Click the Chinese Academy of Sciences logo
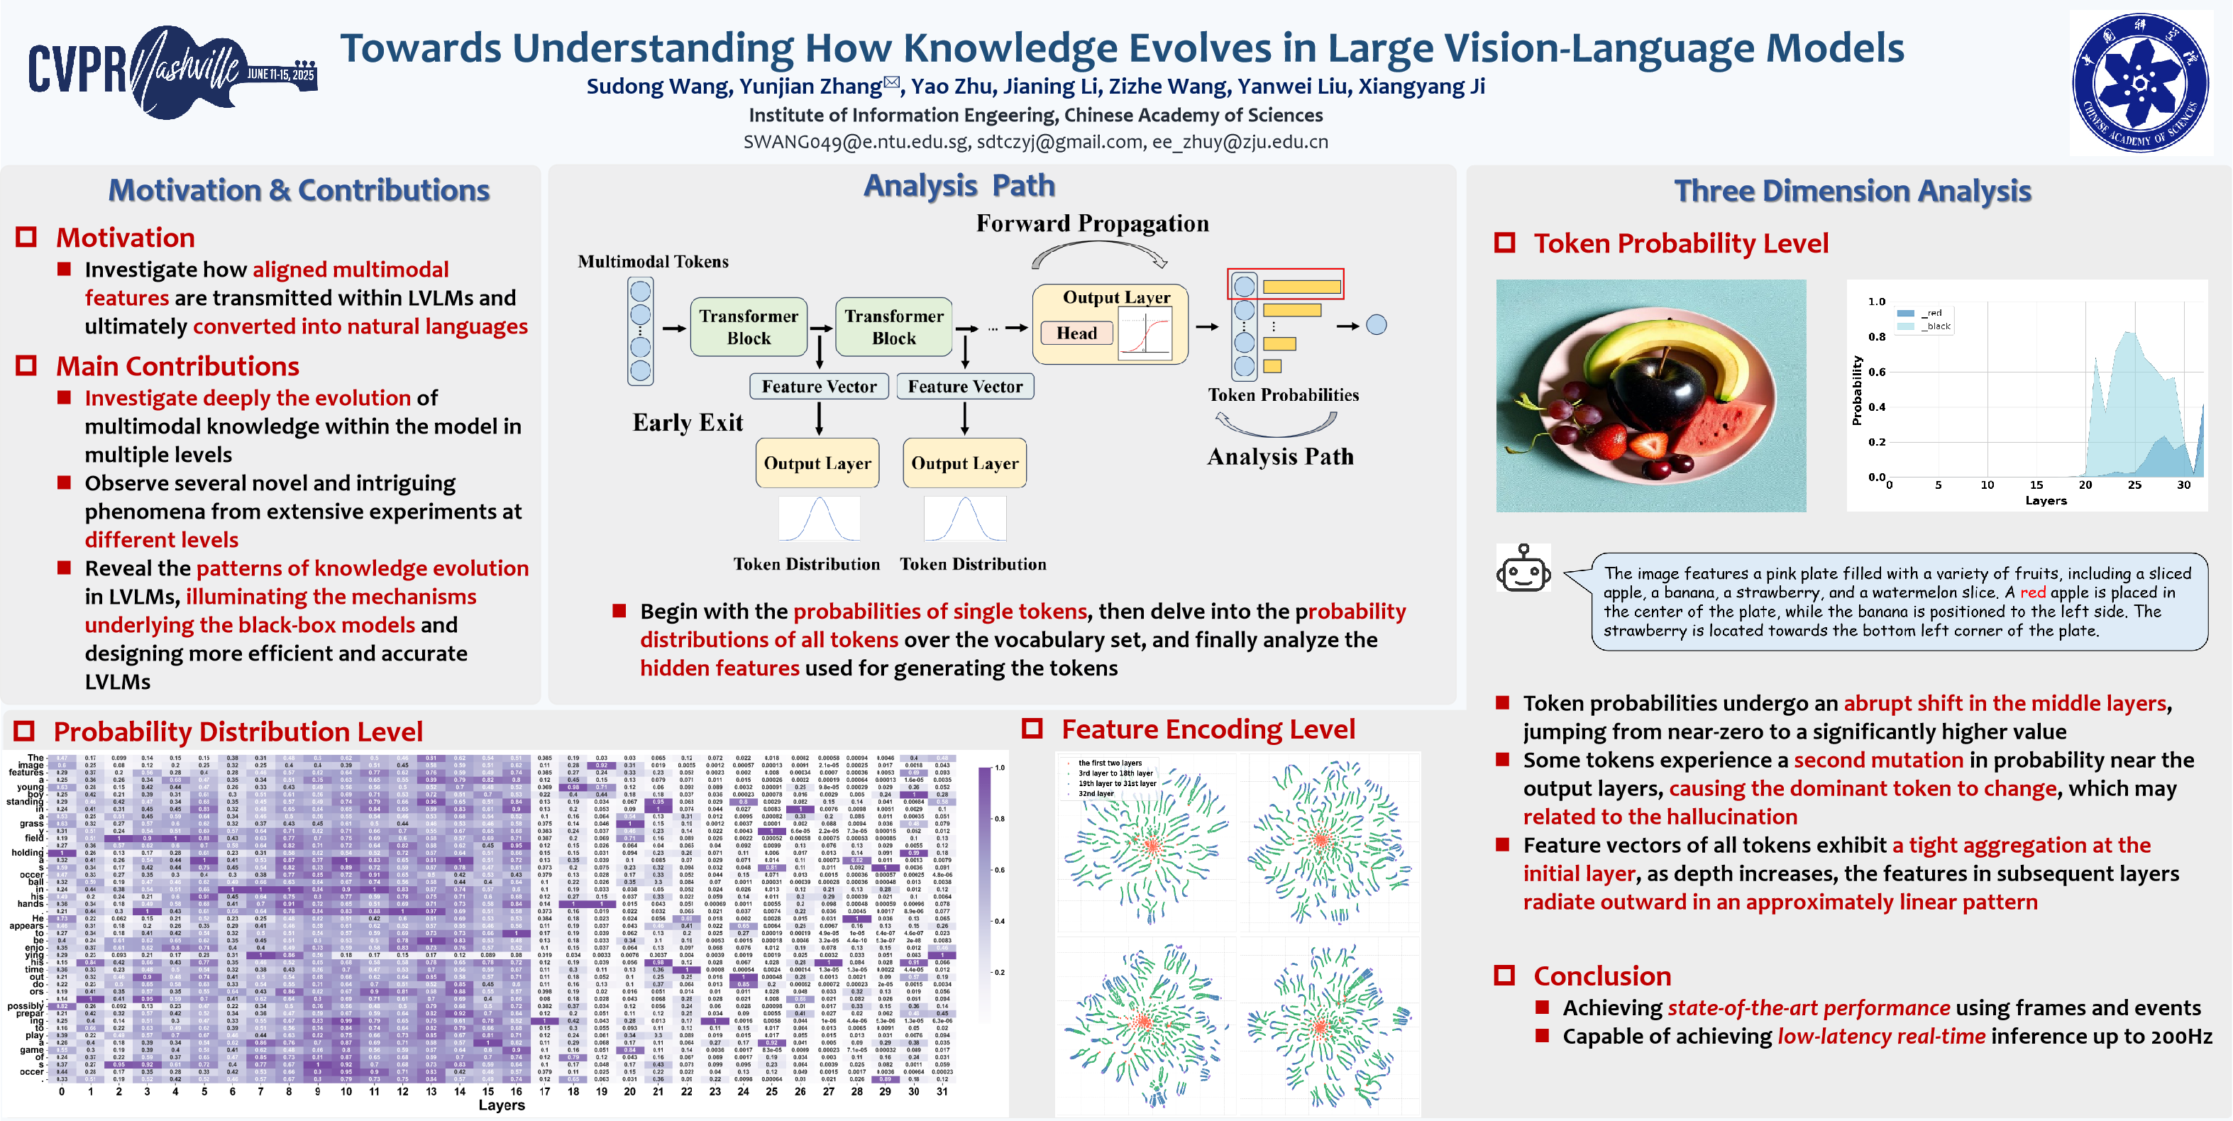click(2140, 83)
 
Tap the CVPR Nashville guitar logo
click(173, 71)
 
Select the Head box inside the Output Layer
click(1076, 333)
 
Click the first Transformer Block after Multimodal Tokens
click(748, 327)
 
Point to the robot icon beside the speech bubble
click(1522, 569)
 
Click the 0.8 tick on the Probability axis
click(1876, 336)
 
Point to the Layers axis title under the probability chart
click(2046, 500)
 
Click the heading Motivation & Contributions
click(299, 190)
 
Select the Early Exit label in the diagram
click(688, 422)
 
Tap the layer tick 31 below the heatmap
click(942, 1091)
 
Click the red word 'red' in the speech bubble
click(2032, 592)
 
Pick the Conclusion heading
click(1601, 976)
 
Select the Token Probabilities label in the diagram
click(1283, 394)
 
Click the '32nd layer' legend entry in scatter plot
click(1096, 793)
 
